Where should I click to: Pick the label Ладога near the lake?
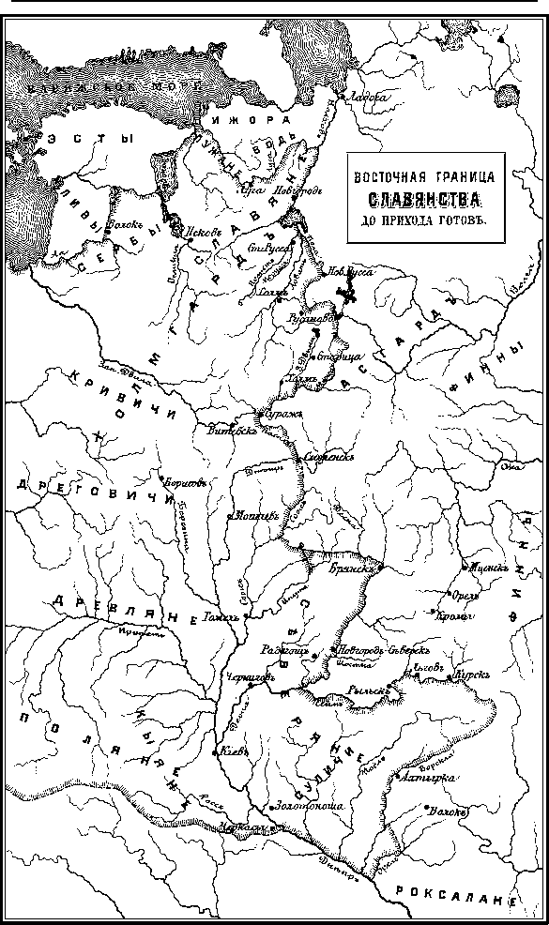point(360,96)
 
